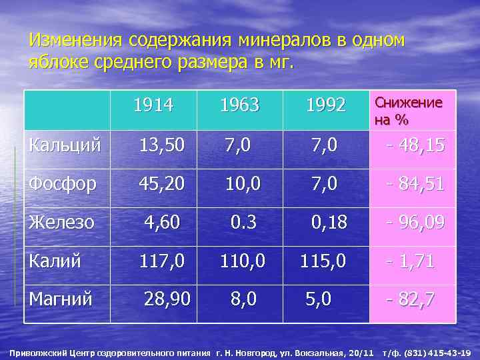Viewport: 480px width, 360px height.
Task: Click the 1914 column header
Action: click(153, 105)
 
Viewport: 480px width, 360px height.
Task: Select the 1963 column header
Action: click(240, 105)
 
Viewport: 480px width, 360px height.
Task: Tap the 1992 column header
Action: click(325, 105)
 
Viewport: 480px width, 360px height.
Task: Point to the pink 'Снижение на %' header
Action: click(409, 111)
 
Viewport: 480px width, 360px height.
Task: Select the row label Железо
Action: click(61, 221)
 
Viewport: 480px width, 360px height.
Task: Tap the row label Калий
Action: click(55, 261)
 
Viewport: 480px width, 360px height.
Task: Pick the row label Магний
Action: click(61, 299)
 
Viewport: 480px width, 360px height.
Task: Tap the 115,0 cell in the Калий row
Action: click(323, 261)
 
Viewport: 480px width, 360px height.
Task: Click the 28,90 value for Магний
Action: click(167, 299)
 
